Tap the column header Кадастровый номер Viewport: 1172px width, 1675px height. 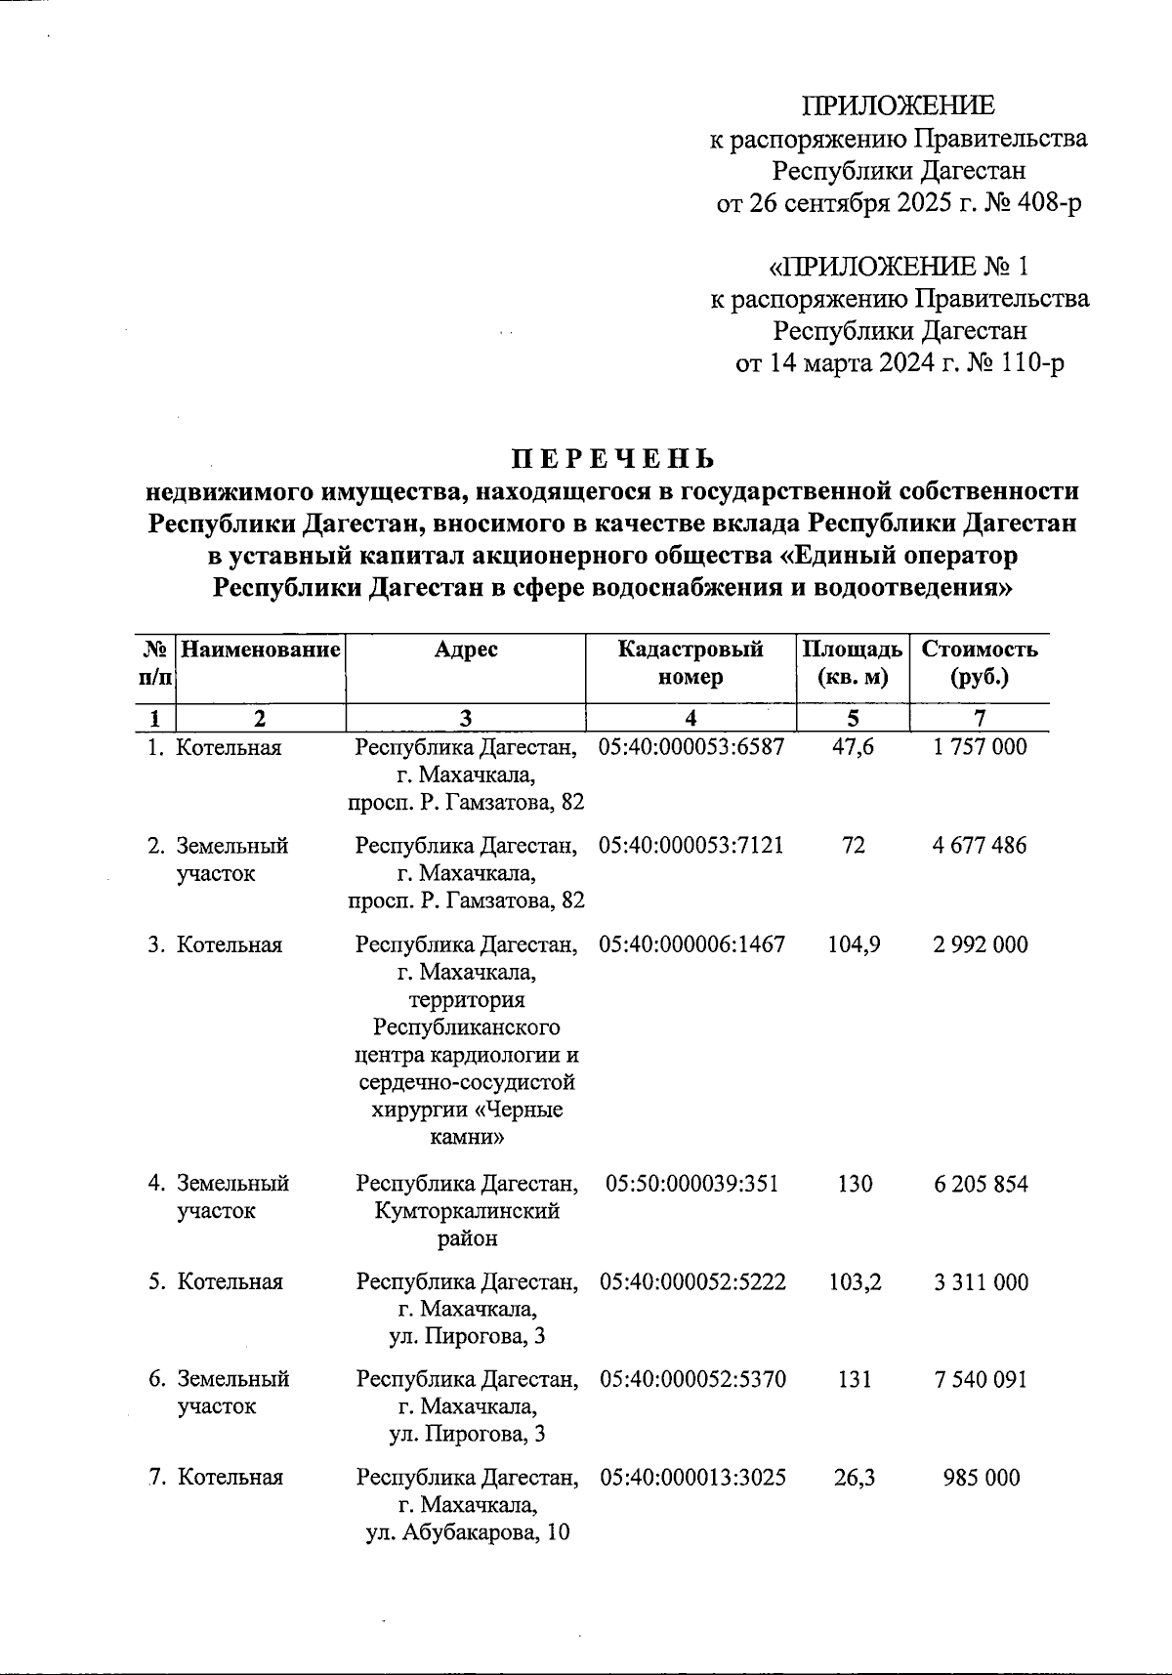coord(691,663)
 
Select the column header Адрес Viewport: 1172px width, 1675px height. coord(466,649)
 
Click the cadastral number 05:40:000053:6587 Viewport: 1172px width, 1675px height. coord(691,747)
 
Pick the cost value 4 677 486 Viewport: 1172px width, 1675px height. coord(980,846)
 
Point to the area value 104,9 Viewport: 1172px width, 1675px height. coord(854,944)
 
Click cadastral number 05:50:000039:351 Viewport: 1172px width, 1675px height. coord(691,1184)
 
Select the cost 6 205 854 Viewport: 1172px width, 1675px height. coord(980,1184)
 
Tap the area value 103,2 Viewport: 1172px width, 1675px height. coord(854,1281)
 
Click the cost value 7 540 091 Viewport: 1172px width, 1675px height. coord(980,1379)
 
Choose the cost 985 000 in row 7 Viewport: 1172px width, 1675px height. coord(981,1477)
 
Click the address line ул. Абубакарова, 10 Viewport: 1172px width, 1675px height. coord(467,1531)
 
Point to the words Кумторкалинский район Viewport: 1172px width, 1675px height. coord(467,1225)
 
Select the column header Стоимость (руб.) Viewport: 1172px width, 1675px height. coord(980,663)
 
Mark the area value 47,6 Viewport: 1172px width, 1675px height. coord(854,747)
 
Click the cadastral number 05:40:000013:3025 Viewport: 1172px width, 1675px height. coord(692,1477)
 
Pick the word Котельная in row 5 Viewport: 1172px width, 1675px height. coord(230,1281)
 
